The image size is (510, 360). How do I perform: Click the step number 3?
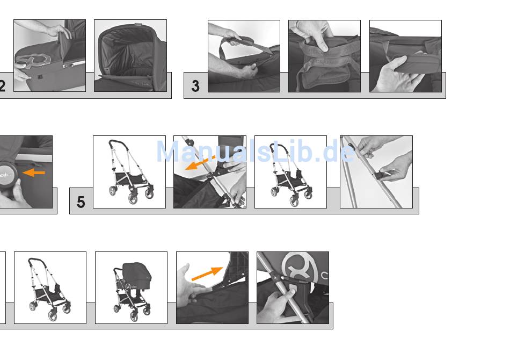(x=195, y=86)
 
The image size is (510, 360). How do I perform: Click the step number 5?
(x=81, y=202)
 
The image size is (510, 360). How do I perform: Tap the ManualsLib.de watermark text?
(x=256, y=152)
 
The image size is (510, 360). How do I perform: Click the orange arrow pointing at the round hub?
(x=34, y=172)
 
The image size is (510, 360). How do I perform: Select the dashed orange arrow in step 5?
(x=200, y=163)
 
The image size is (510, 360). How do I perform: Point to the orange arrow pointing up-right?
(x=207, y=273)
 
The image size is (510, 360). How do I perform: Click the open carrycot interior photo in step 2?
(x=130, y=56)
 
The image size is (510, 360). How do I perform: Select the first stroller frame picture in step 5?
(x=129, y=172)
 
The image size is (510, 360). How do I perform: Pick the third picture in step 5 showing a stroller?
(x=290, y=172)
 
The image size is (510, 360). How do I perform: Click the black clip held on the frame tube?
(x=381, y=176)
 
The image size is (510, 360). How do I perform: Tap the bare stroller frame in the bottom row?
(x=50, y=288)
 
